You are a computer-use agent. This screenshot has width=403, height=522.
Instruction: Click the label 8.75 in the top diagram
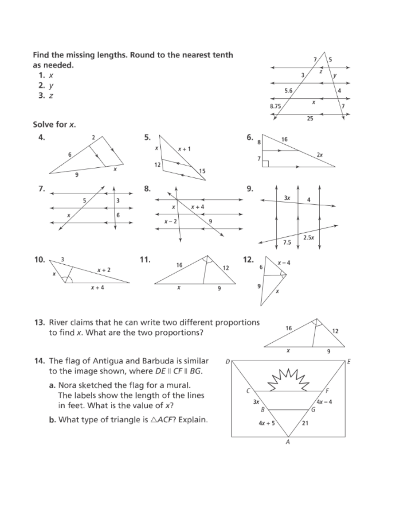pyautogui.click(x=275, y=106)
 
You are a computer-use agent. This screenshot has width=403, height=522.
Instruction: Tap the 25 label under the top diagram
pyautogui.click(x=310, y=119)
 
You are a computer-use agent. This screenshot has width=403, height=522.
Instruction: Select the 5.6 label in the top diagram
pyautogui.click(x=288, y=90)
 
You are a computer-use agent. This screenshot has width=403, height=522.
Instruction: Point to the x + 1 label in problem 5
pyautogui.click(x=184, y=148)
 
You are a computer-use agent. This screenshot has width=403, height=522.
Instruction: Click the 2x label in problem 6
pyautogui.click(x=320, y=155)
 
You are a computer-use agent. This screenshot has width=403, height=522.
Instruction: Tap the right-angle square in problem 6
pyautogui.click(x=266, y=164)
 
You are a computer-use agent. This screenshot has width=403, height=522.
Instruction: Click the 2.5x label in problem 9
pyautogui.click(x=309, y=237)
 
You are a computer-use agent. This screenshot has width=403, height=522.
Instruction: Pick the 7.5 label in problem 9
pyautogui.click(x=287, y=242)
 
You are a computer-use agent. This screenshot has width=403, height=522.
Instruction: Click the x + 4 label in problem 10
pyautogui.click(x=98, y=288)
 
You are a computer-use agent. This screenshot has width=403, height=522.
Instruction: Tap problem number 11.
pyautogui.click(x=145, y=260)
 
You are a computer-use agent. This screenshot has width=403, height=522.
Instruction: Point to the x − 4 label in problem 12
pyautogui.click(x=284, y=262)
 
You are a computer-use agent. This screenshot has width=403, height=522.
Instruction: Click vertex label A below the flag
pyautogui.click(x=288, y=442)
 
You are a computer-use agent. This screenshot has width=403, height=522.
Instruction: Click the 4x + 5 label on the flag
pyautogui.click(x=267, y=423)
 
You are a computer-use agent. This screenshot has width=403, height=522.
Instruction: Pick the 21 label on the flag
pyautogui.click(x=305, y=423)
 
